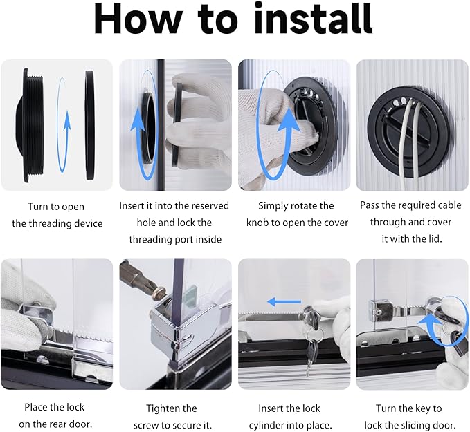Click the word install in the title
[314, 19]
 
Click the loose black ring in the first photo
[89, 125]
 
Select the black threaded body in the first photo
[30, 125]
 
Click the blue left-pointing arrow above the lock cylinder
[284, 302]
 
